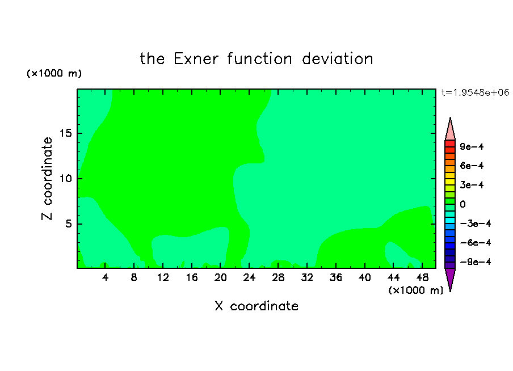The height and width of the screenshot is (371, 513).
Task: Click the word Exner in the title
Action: (196, 59)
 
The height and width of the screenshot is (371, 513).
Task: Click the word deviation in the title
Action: (338, 59)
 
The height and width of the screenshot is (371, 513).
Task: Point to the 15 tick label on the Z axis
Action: (65, 133)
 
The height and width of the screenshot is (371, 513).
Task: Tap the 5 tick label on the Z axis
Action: (68, 224)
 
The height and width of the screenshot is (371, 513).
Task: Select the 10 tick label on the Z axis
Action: (65, 178)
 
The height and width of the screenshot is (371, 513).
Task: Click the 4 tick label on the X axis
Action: (105, 277)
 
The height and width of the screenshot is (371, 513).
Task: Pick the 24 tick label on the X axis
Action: (249, 277)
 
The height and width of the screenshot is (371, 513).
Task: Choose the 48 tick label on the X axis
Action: (422, 277)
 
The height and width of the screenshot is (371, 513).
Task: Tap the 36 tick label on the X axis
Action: (336, 277)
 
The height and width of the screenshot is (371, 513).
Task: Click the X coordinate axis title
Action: (256, 306)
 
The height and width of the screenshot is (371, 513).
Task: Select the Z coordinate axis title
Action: (47, 178)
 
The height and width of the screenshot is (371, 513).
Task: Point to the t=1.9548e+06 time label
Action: (476, 92)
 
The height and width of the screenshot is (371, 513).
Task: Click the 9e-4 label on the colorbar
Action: (472, 146)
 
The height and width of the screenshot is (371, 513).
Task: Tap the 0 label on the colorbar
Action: (462, 204)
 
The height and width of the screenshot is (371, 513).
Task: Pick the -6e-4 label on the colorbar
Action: (476, 243)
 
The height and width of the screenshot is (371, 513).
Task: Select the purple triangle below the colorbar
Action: (450, 278)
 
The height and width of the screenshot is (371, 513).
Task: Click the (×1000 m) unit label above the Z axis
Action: (54, 73)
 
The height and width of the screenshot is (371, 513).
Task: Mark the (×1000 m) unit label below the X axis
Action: (415, 290)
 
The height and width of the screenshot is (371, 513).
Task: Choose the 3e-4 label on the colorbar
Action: (472, 185)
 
